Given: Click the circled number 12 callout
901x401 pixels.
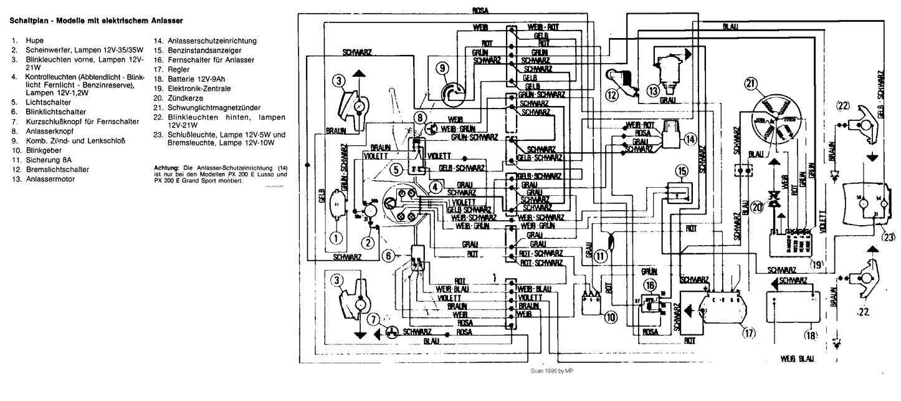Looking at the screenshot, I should pyautogui.click(x=613, y=95).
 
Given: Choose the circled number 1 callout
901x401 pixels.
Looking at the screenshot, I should pyautogui.click(x=336, y=237).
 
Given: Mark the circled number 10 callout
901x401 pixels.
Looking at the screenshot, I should pyautogui.click(x=609, y=317).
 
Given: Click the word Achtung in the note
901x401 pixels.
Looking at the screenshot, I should pyautogui.click(x=166, y=168).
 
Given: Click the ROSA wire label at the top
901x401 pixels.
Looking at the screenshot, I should pyautogui.click(x=480, y=11).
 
